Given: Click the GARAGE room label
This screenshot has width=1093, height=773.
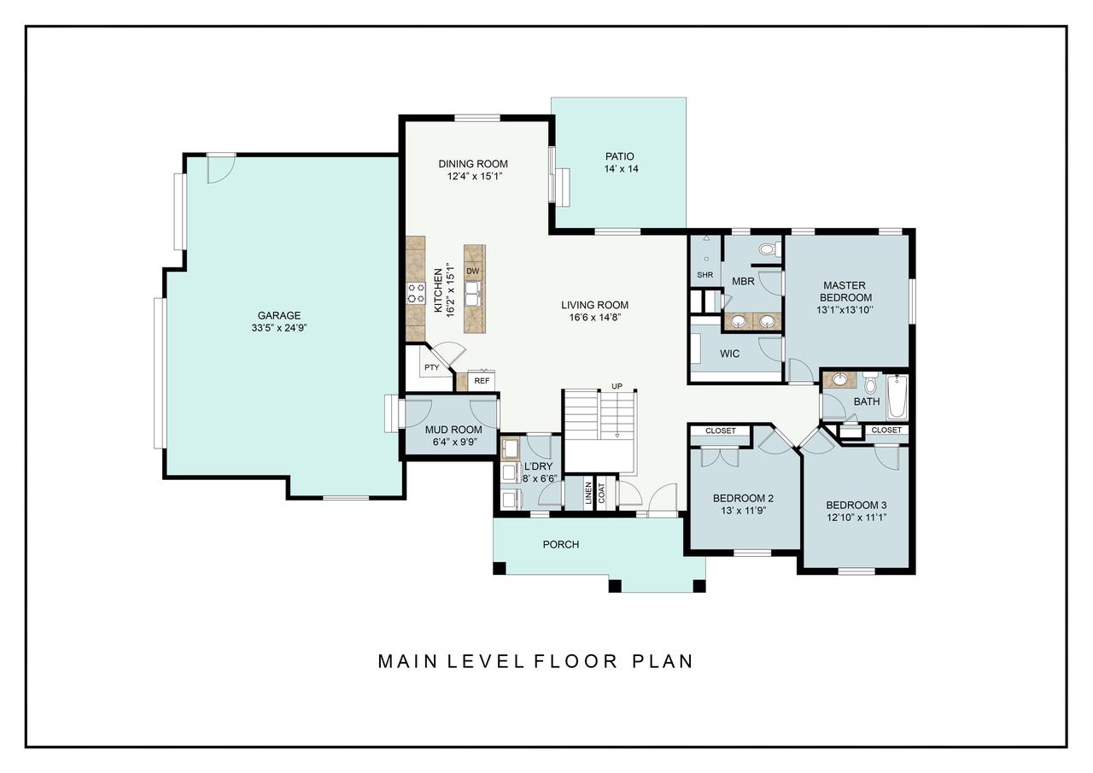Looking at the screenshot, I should point(279,315).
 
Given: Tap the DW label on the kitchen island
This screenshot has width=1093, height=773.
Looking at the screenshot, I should point(472,272).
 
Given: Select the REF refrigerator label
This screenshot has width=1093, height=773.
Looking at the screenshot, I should point(482,381).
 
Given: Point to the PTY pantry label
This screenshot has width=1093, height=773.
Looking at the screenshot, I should point(431,368).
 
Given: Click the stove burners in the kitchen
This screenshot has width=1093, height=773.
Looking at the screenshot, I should point(416,294).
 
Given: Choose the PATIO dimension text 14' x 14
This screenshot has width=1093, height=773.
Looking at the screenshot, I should point(620,169).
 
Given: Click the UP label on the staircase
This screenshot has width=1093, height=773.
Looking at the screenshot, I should point(617,386).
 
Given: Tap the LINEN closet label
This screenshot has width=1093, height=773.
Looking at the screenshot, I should point(588,494).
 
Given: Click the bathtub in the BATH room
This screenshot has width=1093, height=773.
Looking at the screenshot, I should point(896,396).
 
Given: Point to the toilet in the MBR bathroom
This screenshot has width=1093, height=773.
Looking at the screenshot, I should point(768,249).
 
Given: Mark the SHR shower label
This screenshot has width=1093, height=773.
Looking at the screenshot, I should point(704,275).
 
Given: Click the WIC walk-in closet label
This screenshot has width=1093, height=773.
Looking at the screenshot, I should point(729,353).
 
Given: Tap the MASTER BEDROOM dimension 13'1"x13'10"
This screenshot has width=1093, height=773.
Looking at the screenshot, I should point(845,310).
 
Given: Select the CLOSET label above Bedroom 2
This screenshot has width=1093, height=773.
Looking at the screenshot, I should point(721,431).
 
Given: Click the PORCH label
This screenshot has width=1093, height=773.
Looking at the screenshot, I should point(561,544).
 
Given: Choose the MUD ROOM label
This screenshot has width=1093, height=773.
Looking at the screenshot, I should point(453,430).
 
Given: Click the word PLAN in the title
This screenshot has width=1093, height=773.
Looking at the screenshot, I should point(663,661).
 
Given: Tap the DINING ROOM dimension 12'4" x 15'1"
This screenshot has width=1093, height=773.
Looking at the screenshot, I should point(473,176).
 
